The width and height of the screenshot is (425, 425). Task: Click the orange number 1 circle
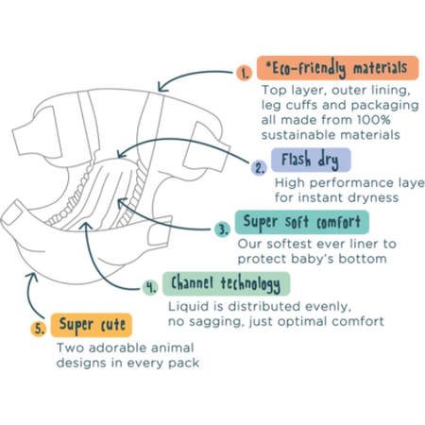[x=245, y=73]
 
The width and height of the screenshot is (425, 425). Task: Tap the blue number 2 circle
[x=259, y=167]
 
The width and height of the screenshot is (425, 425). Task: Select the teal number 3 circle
[x=223, y=229]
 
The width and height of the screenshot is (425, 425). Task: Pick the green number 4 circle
[x=150, y=287]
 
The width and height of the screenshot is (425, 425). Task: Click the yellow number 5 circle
[x=39, y=329]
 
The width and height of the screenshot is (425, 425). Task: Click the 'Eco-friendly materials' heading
[x=338, y=68]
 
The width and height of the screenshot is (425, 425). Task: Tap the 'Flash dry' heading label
[x=311, y=160]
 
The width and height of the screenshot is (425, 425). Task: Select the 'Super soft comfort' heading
[x=302, y=222]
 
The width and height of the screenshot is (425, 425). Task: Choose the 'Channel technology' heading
[x=226, y=283]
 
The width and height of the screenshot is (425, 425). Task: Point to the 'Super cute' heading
[x=92, y=325]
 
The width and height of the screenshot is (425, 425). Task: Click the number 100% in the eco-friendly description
[x=373, y=120]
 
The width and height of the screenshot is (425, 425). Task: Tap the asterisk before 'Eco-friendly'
[x=268, y=65]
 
